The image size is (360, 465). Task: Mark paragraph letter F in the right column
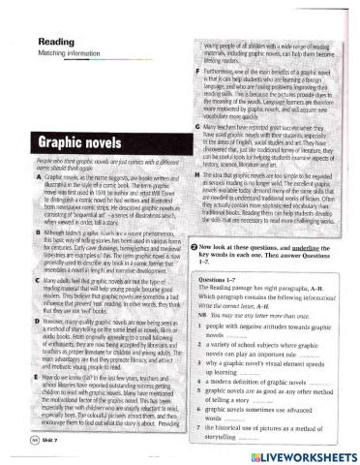(195, 73)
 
